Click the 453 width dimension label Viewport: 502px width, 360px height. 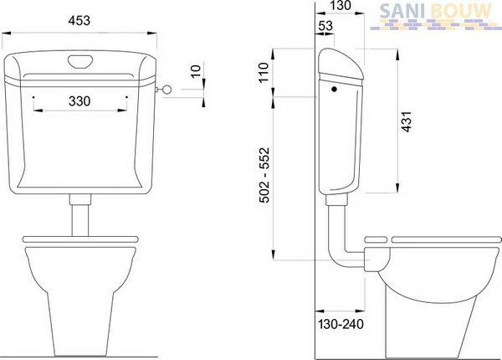click(79, 20)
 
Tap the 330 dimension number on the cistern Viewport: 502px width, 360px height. click(79, 101)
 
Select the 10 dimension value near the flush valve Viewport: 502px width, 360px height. click(196, 71)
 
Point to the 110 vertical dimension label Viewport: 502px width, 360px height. click(264, 73)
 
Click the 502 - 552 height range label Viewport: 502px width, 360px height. click(264, 175)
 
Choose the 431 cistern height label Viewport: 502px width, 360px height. click(407, 121)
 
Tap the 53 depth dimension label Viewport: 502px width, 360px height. click(325, 26)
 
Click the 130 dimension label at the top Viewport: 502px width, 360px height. click(341, 6)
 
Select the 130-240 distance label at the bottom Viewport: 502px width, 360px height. click(341, 324)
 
